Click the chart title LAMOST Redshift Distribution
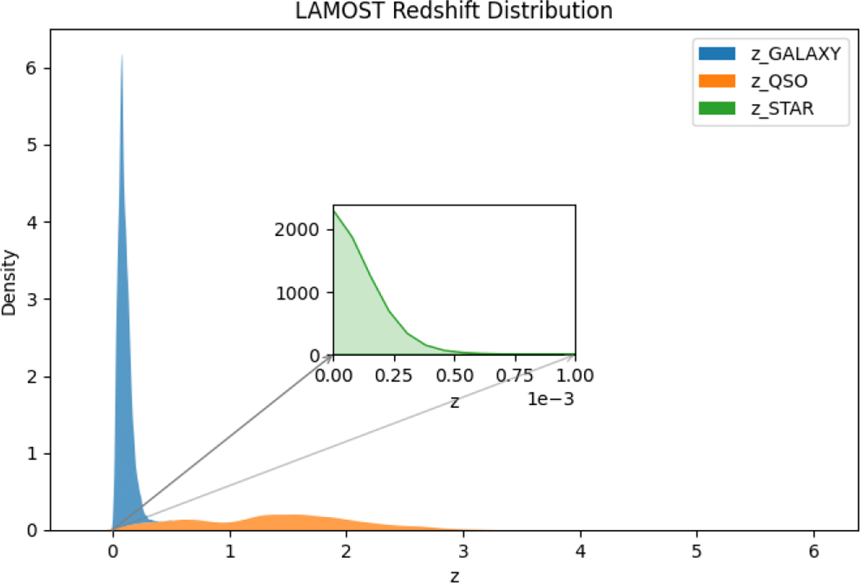point(453,11)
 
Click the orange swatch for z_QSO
point(717,81)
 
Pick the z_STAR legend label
point(783,109)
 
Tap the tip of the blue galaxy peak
point(122,55)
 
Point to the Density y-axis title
point(9,283)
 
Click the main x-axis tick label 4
point(580,551)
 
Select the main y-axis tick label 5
point(32,145)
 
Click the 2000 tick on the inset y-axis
point(297,229)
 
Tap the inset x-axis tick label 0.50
point(455,375)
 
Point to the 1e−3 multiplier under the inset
point(551,399)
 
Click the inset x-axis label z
point(455,402)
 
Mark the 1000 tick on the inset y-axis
point(298,293)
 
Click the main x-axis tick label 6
point(814,551)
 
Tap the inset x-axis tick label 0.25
point(394,375)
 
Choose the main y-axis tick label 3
point(32,300)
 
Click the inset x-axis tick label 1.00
point(575,375)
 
